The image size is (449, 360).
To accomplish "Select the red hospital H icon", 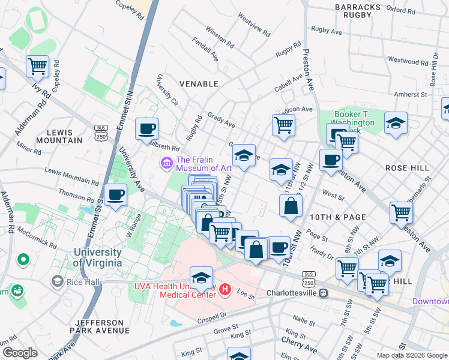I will tap(225, 290).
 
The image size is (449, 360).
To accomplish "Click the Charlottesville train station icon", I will tap(323, 293).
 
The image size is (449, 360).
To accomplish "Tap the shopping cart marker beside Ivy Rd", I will tap(37, 66).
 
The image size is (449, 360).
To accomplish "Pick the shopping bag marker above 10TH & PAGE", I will tap(291, 205).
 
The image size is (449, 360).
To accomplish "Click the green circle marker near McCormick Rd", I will tap(23, 260).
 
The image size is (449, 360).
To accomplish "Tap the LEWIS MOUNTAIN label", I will tap(59, 136).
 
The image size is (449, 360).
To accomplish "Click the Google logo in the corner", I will tap(20, 353).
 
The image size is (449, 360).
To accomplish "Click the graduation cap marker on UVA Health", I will tap(201, 278).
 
